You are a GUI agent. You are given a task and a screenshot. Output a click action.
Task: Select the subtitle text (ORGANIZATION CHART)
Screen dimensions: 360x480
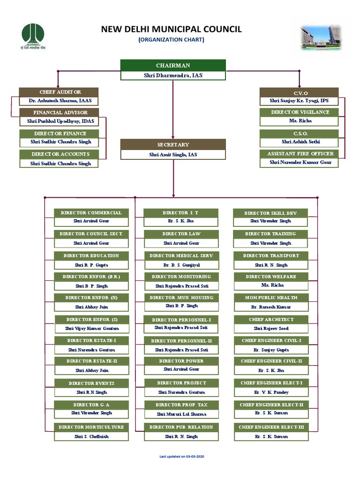[x=171, y=40]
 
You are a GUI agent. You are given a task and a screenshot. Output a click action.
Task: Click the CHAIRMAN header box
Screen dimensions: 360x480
[x=173, y=65]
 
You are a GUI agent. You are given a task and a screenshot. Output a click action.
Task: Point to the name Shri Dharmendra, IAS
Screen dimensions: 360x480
[x=173, y=75]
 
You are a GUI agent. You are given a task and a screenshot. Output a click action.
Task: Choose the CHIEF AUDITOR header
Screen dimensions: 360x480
[x=59, y=92]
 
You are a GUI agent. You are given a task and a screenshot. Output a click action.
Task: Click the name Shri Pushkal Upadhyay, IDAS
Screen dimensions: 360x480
[x=59, y=121]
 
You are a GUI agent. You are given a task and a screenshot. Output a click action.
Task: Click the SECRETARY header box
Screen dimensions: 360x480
[x=173, y=144]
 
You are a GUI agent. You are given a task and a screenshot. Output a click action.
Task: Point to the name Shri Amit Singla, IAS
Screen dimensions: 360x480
[x=173, y=154]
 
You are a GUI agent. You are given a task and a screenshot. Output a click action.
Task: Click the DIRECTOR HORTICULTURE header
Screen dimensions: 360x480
[x=91, y=427]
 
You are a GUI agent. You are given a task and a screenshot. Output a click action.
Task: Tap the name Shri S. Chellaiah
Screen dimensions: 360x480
[x=91, y=436]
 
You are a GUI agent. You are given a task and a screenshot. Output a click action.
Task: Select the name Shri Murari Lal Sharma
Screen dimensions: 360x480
[x=181, y=414]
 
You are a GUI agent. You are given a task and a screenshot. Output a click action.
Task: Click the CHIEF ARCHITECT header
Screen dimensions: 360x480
[x=271, y=319]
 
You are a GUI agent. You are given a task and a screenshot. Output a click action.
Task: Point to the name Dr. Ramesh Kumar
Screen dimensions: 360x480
[x=271, y=307]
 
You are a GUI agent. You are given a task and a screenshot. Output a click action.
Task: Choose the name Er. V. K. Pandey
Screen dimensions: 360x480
[x=271, y=392]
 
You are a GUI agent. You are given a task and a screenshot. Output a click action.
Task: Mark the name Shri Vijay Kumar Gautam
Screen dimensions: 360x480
[x=91, y=329]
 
